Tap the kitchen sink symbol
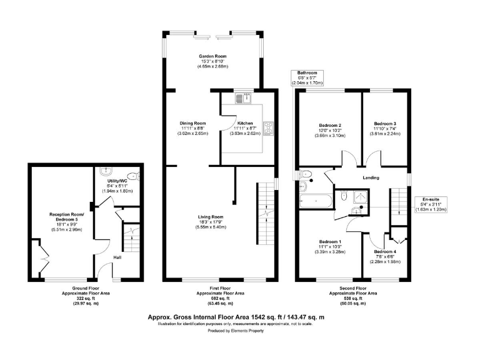point(243,97)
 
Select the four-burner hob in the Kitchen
point(269,127)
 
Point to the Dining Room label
point(192,123)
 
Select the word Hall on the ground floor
point(117,257)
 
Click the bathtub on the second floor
point(315,201)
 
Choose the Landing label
point(371,178)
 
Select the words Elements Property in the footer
point(248,331)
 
